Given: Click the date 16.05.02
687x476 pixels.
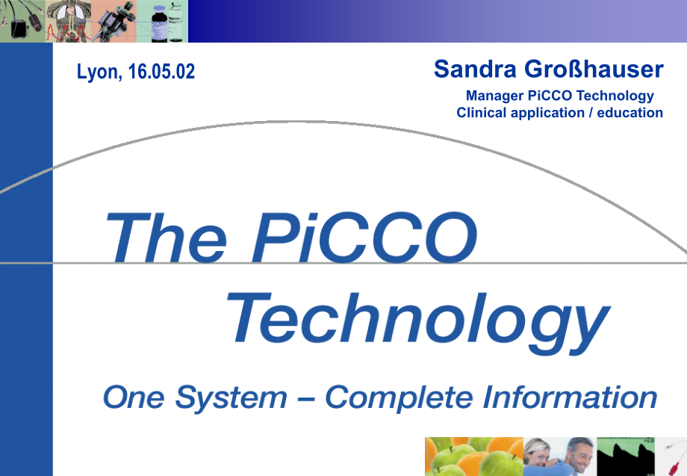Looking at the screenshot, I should click(x=161, y=72).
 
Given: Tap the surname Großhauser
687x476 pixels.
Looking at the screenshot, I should click(x=594, y=69).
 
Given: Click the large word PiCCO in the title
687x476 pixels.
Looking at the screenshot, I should click(x=364, y=238).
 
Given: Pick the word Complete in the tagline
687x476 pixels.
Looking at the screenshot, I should click(x=400, y=398).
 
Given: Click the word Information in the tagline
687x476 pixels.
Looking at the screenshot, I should click(x=570, y=397).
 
